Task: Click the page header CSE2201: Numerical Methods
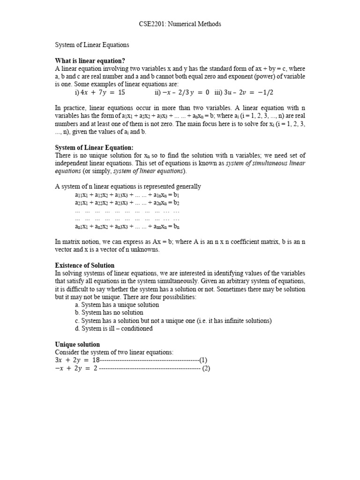180,24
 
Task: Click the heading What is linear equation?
90,61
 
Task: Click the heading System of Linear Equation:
94,148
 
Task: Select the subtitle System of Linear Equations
92,45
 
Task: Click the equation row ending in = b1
127,195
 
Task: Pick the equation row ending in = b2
127,203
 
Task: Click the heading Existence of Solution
85,265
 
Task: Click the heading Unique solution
77,345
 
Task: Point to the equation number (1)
203,360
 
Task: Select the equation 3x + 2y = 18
78,360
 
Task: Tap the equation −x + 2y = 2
76,368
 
